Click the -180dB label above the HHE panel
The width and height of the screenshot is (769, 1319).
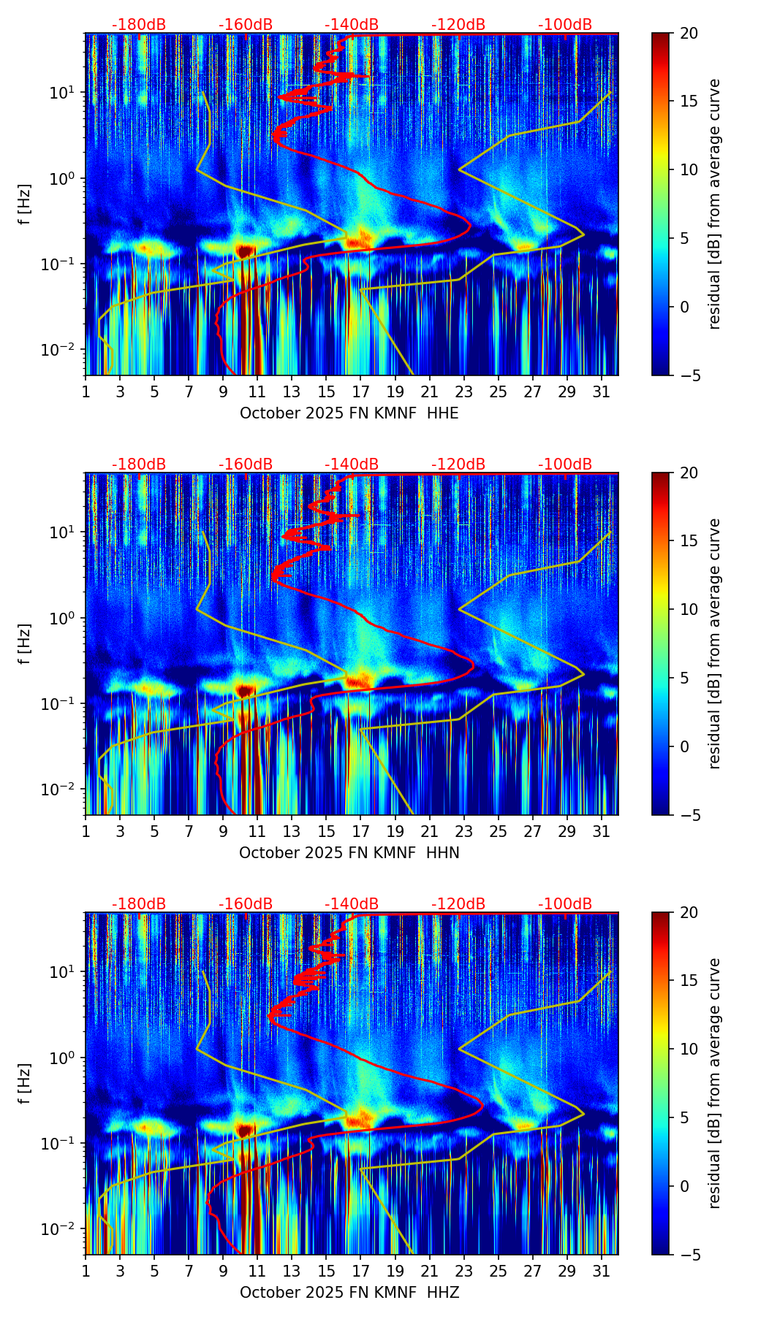point(139,25)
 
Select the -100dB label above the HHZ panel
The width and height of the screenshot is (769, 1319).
point(565,904)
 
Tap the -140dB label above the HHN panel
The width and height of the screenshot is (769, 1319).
point(352,464)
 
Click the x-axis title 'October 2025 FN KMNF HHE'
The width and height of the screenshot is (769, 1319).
point(349,413)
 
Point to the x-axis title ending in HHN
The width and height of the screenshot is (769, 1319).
point(349,853)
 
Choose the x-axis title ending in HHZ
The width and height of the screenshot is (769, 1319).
point(349,1293)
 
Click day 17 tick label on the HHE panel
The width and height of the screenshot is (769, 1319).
point(360,392)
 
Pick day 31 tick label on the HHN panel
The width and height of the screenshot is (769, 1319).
point(601,832)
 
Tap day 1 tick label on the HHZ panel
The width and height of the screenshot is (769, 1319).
point(86,1272)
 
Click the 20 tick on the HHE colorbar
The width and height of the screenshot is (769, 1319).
point(689,33)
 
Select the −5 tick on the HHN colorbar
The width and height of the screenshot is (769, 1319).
point(689,815)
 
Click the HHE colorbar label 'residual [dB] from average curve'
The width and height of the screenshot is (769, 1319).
point(714,204)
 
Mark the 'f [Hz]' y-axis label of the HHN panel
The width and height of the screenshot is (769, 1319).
point(25,643)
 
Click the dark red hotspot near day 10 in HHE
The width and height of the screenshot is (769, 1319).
point(244,251)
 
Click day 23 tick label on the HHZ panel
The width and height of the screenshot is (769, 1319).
point(463,1272)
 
